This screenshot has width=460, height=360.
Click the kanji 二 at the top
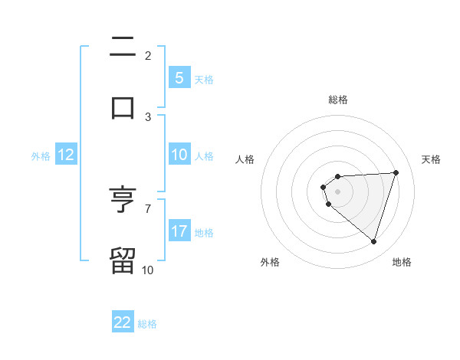123,47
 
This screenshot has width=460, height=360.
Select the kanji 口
123,106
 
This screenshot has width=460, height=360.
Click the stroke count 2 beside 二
148,56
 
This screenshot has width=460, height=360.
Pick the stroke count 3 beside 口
148,116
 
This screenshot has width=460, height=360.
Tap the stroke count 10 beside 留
148,269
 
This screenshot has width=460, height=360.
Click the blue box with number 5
179,78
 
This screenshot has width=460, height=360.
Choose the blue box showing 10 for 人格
179,155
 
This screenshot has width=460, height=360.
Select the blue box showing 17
179,231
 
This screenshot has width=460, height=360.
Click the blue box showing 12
66,155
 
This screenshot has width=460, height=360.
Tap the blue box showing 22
123,322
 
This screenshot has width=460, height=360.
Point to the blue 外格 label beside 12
41,155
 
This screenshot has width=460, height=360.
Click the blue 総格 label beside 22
147,323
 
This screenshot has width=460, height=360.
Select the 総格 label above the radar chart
338,100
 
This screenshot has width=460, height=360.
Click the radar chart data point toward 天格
396,172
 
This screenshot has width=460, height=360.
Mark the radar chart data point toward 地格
373,241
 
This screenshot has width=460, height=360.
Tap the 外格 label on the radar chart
270,262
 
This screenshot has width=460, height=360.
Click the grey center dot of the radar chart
337,191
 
